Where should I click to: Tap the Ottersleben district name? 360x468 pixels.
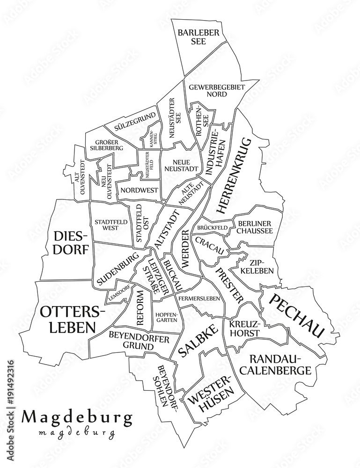(x=73, y=319)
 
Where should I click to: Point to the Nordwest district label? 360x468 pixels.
(x=139, y=190)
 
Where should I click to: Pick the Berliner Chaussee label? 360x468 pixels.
(x=255, y=227)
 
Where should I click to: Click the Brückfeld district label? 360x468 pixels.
(x=213, y=228)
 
